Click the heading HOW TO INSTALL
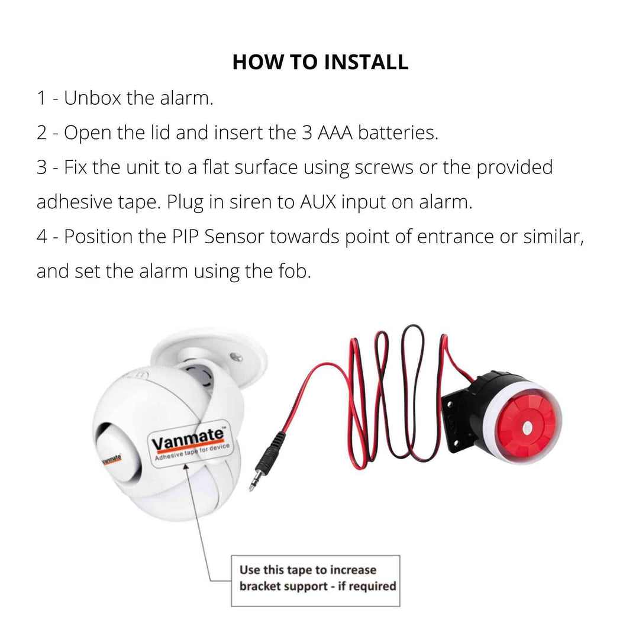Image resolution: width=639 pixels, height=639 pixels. (x=320, y=62)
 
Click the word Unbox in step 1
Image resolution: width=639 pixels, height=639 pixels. (x=92, y=98)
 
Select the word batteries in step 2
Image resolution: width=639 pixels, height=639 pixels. (x=398, y=133)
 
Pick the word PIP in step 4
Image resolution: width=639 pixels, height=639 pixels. (x=185, y=237)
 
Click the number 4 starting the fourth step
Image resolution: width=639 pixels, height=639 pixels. (x=42, y=237)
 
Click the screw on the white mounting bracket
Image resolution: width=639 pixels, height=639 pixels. (x=235, y=357)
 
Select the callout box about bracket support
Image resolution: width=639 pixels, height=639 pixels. (x=315, y=581)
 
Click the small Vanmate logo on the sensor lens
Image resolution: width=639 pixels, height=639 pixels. (x=111, y=459)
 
